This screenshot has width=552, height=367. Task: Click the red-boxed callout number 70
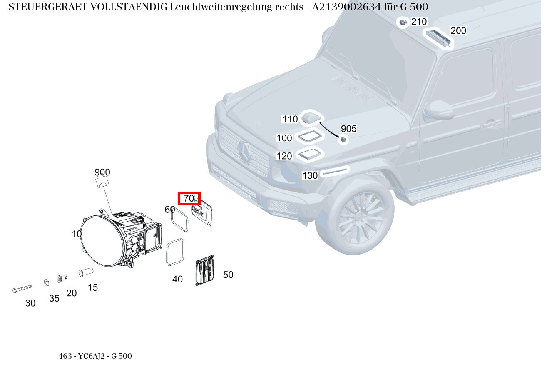(189, 199)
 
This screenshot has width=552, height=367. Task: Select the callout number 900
(102, 172)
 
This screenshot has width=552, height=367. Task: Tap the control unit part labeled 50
(204, 271)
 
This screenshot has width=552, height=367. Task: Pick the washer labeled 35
(46, 282)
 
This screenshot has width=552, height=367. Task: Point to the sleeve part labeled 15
(86, 272)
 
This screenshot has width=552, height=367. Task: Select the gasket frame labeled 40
(175, 252)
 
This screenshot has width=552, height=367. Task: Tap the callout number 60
(169, 210)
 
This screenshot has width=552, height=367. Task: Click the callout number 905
(348, 129)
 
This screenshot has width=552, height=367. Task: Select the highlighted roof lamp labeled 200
(437, 38)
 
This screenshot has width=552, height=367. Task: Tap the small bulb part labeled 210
(403, 22)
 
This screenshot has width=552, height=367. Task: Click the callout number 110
(290, 119)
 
